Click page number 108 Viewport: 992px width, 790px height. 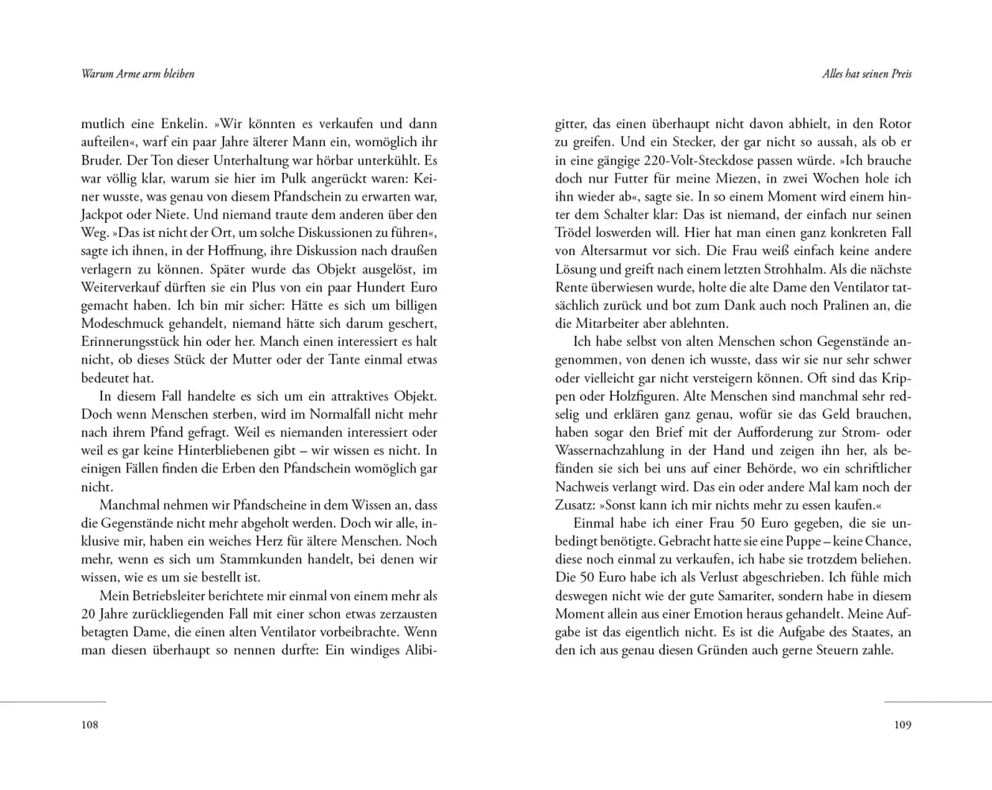click(x=89, y=724)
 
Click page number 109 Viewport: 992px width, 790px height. click(x=903, y=724)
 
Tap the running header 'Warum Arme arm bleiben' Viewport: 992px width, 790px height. click(x=138, y=74)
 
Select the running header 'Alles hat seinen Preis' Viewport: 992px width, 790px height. click(x=867, y=74)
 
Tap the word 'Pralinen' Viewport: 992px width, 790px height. click(x=832, y=305)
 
